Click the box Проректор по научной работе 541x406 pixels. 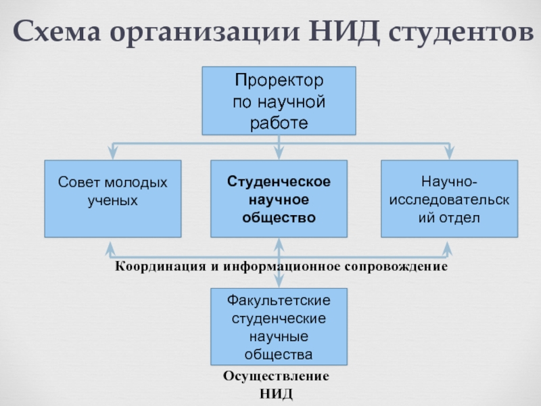[x=279, y=101]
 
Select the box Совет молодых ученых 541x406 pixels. [x=113, y=198]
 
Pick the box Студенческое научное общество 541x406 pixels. [x=279, y=198]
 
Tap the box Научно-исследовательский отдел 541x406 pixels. [x=449, y=198]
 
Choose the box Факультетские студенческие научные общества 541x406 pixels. [x=279, y=327]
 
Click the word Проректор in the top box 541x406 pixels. [x=279, y=81]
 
